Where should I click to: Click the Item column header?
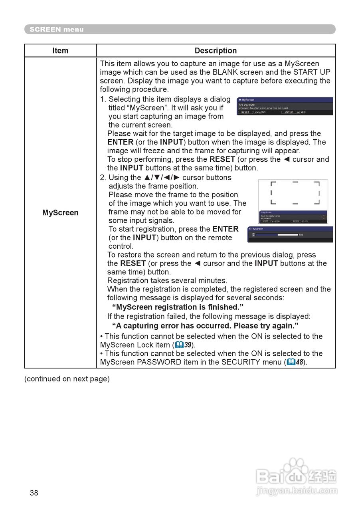[60, 51]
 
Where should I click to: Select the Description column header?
[216, 51]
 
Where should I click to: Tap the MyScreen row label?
[60, 213]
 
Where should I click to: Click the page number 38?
[34, 493]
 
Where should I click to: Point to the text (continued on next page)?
[67, 379]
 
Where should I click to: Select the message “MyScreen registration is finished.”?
[178, 307]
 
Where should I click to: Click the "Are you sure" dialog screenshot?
[285, 106]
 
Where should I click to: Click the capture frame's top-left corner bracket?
[273, 184]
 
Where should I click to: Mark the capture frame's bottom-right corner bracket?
[317, 202]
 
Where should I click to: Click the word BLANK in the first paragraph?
[226, 72]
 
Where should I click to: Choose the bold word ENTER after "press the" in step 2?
[225, 229]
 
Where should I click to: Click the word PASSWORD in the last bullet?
[159, 362]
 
